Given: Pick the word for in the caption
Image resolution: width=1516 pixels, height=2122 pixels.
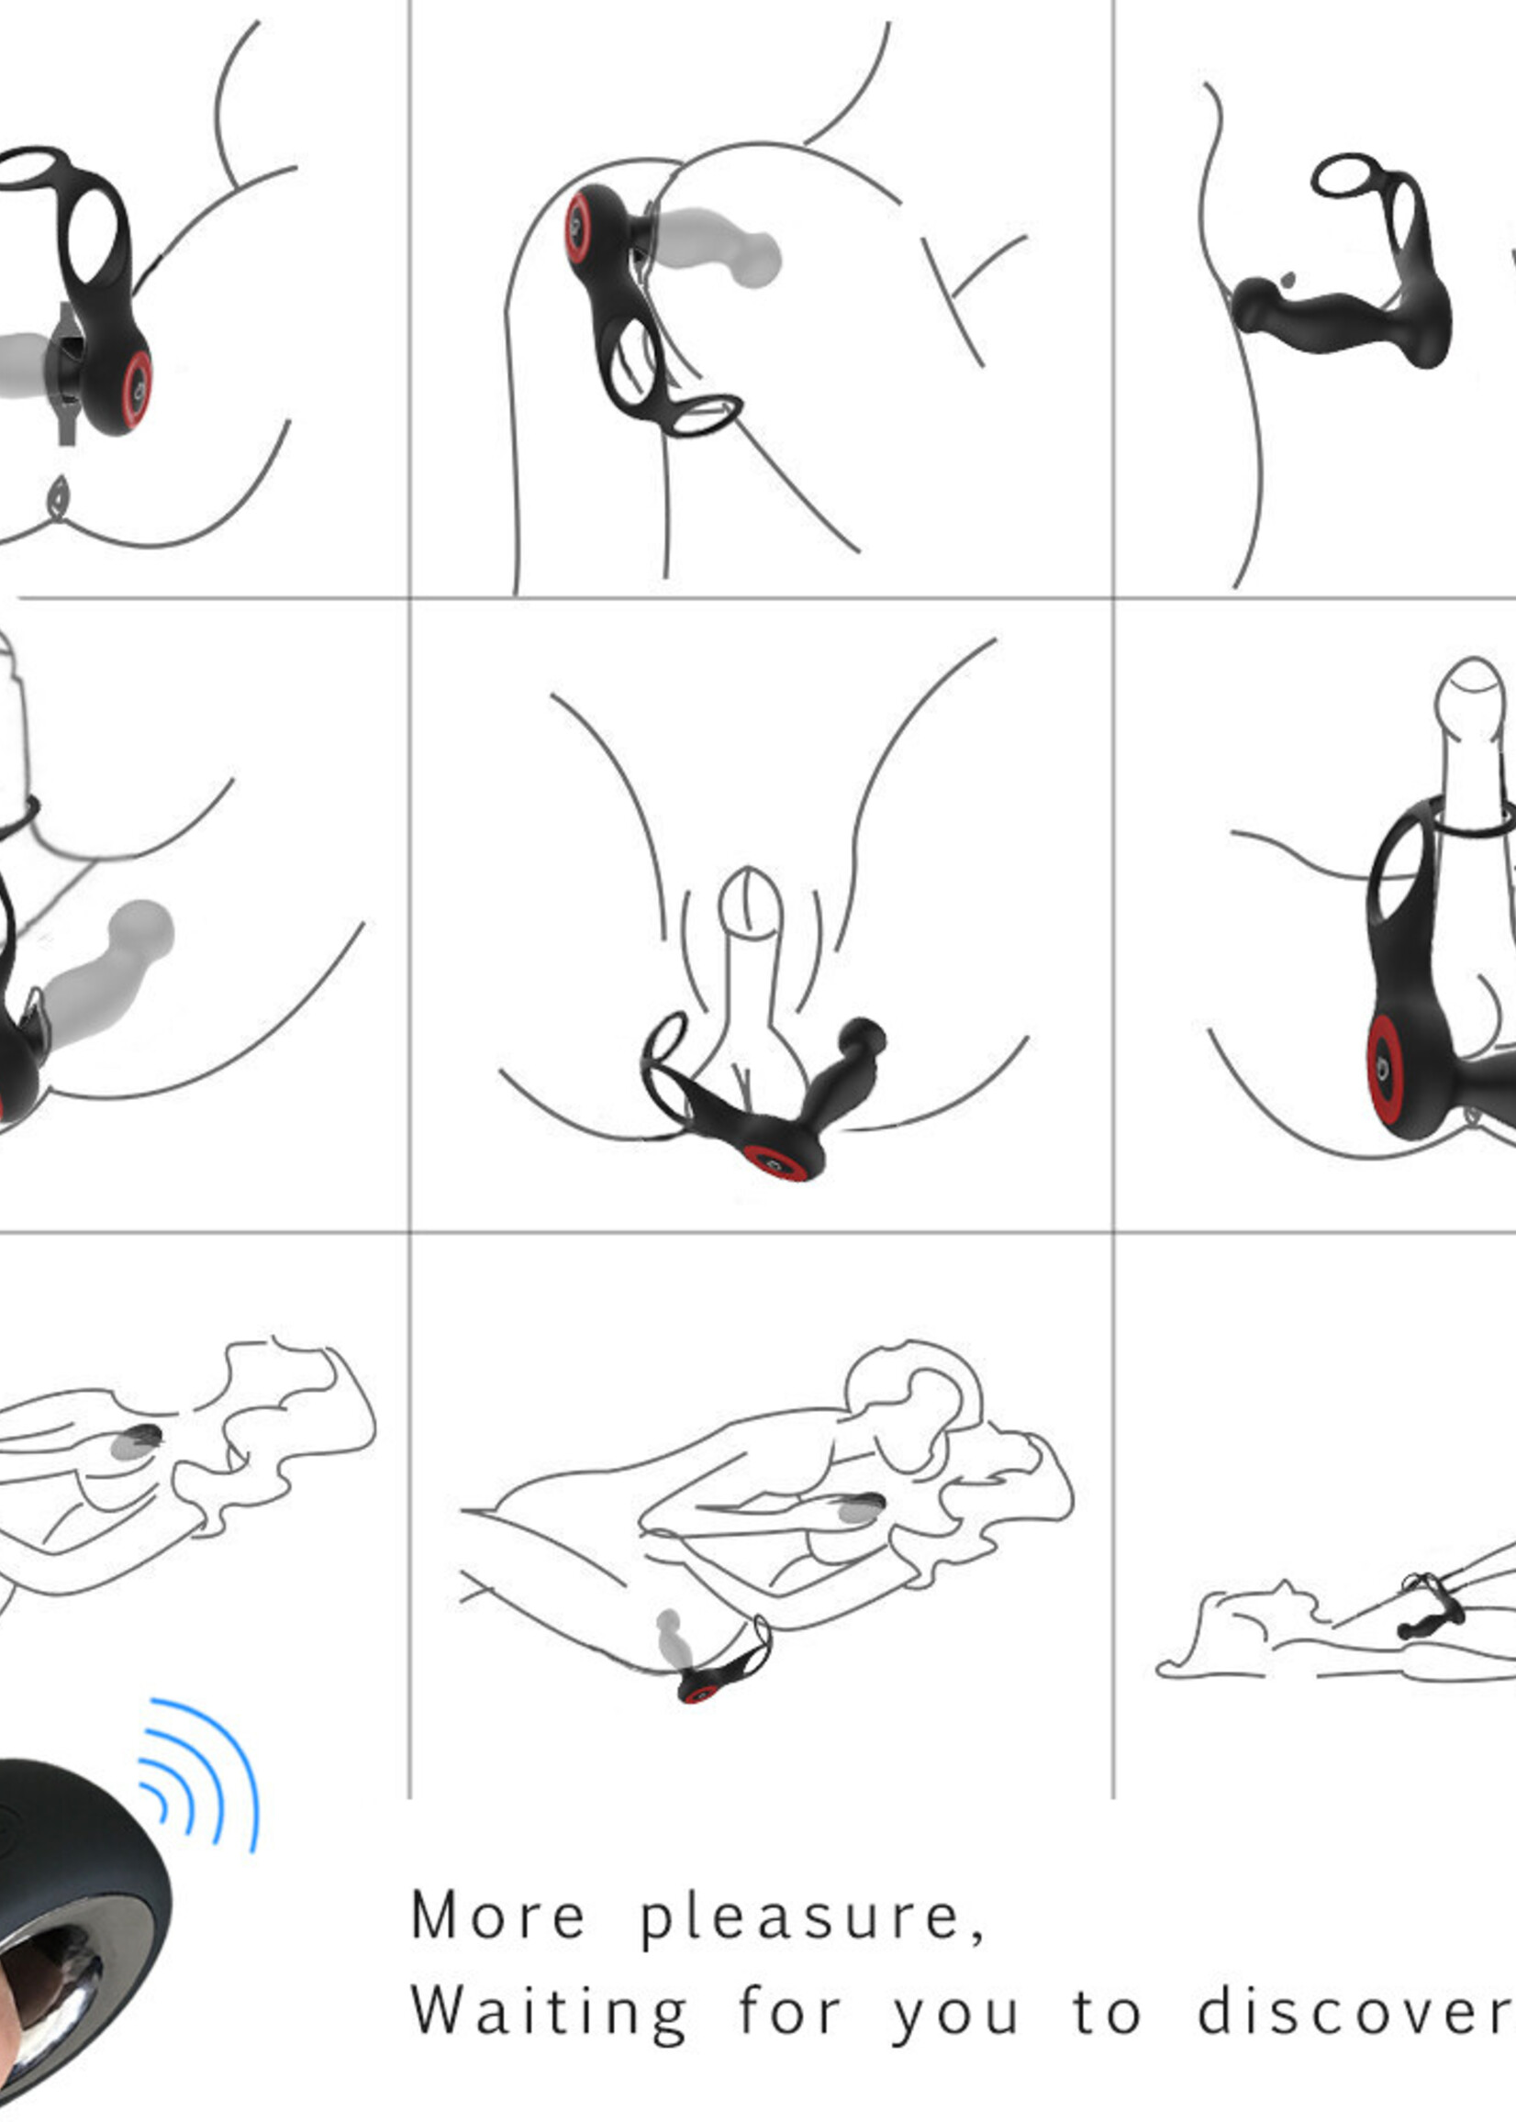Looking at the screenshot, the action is [790, 2010].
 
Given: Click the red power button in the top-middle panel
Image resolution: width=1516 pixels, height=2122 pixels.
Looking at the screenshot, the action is [577, 228].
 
